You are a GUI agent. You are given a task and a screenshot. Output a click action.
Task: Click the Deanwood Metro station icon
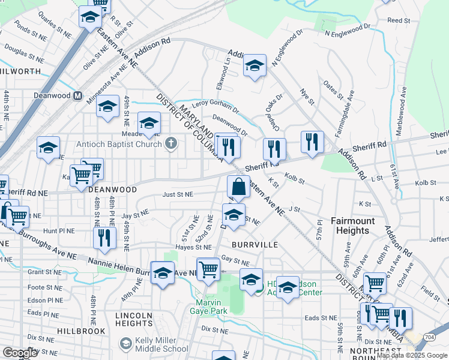click(x=77, y=95)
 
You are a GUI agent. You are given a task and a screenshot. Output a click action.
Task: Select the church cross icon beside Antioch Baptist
click(x=171, y=143)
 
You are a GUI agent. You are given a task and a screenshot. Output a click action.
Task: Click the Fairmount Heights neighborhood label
click(x=353, y=226)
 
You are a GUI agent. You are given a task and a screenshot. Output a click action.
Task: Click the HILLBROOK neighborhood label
click(x=82, y=331)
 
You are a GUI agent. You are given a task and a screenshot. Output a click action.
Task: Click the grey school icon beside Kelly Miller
click(x=125, y=343)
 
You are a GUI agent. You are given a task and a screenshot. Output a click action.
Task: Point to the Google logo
click(x=20, y=353)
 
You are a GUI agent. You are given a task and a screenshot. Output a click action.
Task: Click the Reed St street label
click(x=399, y=20)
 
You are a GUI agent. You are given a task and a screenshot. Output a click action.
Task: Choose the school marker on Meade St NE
click(x=149, y=123)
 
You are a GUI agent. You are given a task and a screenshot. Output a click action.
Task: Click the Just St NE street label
click(x=178, y=194)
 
